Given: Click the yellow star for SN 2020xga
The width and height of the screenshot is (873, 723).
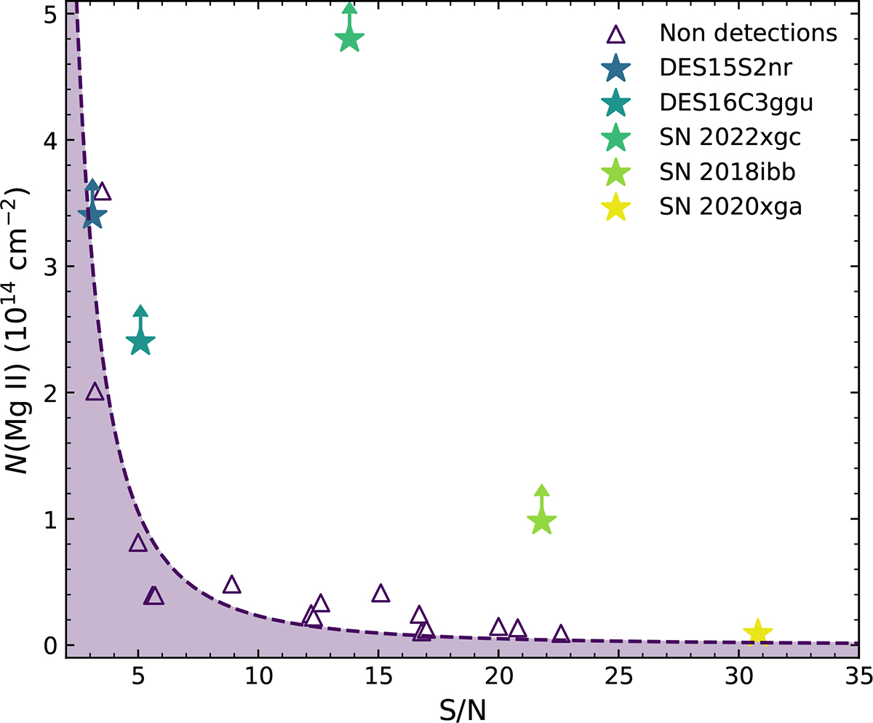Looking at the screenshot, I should tap(757, 632).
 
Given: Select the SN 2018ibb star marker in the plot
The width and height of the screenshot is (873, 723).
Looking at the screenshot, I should tap(541, 521).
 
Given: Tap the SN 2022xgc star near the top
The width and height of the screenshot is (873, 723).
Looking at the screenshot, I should tap(349, 38).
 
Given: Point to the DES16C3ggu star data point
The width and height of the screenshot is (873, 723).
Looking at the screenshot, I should tap(140, 341).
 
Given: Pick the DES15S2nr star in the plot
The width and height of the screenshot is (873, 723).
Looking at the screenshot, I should tap(92, 215).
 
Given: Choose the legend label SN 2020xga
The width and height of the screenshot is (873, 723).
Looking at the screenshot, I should tap(730, 208).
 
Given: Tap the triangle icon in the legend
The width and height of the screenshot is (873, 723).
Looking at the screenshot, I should tap(616, 34).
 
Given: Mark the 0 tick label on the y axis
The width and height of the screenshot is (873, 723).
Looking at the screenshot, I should tap(49, 645).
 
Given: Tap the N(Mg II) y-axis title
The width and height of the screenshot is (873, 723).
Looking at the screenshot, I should tap(17, 328).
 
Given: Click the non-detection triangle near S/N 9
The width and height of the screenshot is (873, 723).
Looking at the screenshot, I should tap(231, 585).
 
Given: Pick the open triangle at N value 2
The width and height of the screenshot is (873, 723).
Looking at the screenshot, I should tap(95, 392).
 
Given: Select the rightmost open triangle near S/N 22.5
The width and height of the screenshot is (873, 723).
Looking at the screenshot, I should tap(561, 633).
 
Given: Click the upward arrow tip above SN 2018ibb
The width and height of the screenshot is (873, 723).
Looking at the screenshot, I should tap(541, 489).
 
